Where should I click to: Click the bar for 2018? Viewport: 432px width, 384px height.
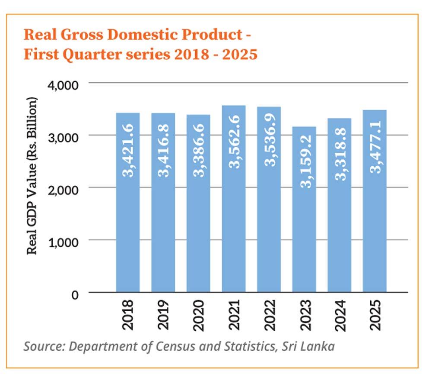pyautogui.click(x=128, y=225)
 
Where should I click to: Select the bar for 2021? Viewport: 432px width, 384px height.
pyautogui.click(x=234, y=225)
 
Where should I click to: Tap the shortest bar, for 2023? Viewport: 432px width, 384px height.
pyautogui.click(x=304, y=234)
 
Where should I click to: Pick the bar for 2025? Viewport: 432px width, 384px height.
pyautogui.click(x=375, y=225)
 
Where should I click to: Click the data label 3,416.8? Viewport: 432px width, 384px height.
pyautogui.click(x=163, y=151)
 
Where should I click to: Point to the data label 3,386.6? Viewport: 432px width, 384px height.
pyautogui.click(x=199, y=152)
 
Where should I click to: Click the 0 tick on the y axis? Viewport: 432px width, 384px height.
pyautogui.click(x=75, y=294)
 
